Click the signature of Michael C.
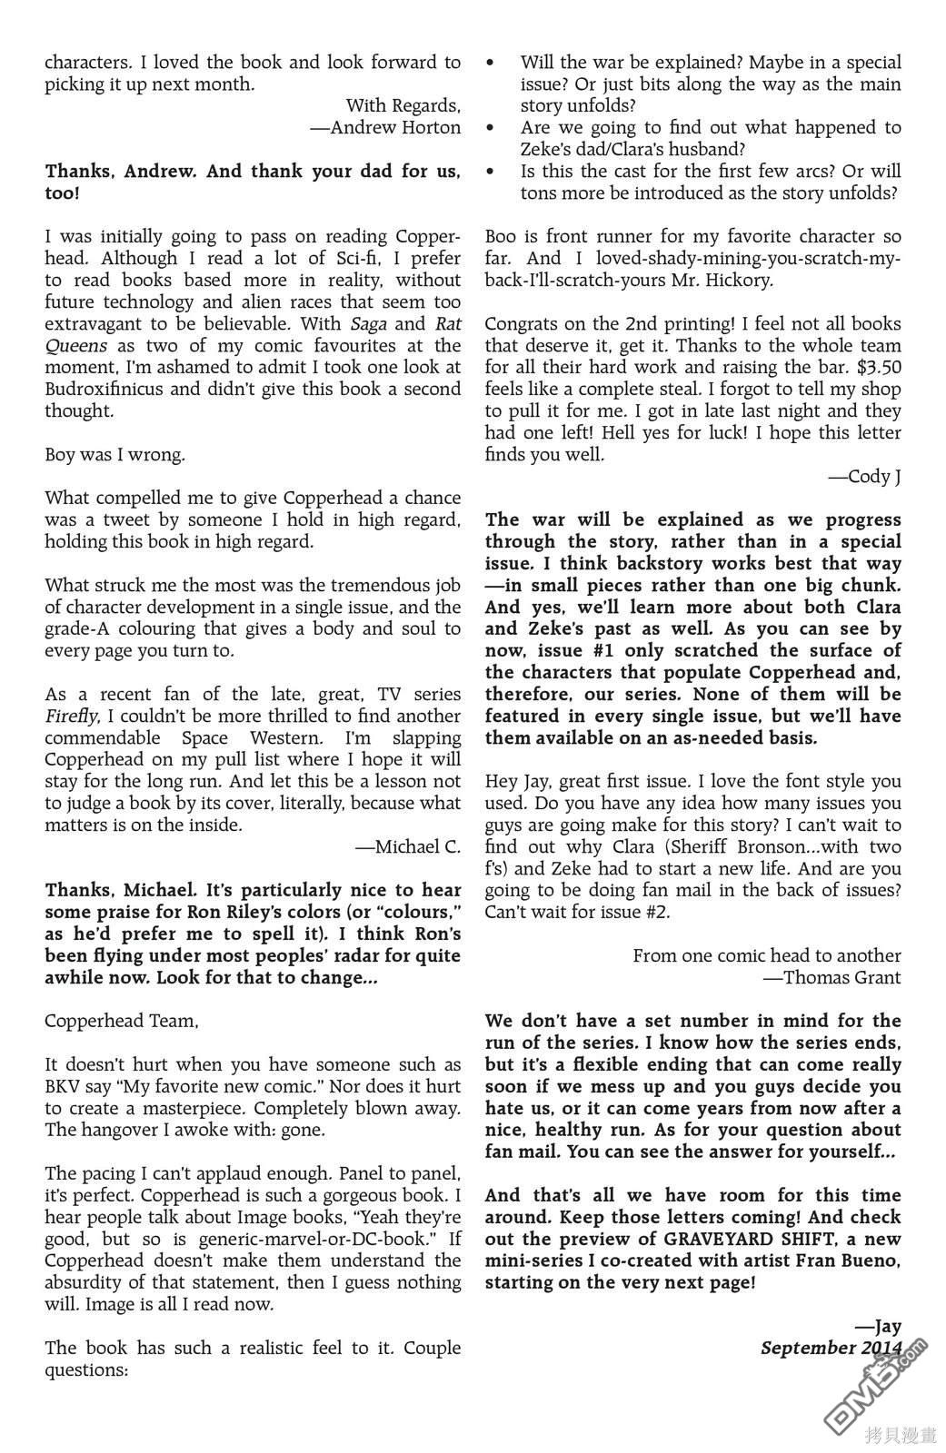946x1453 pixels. pos(408,847)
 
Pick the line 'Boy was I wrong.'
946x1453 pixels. pos(115,455)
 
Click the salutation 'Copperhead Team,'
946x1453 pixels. pos(122,1022)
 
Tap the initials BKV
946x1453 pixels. pos(65,1087)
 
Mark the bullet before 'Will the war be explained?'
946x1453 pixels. pos(491,63)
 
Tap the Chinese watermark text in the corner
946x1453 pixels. pos(901,1435)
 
